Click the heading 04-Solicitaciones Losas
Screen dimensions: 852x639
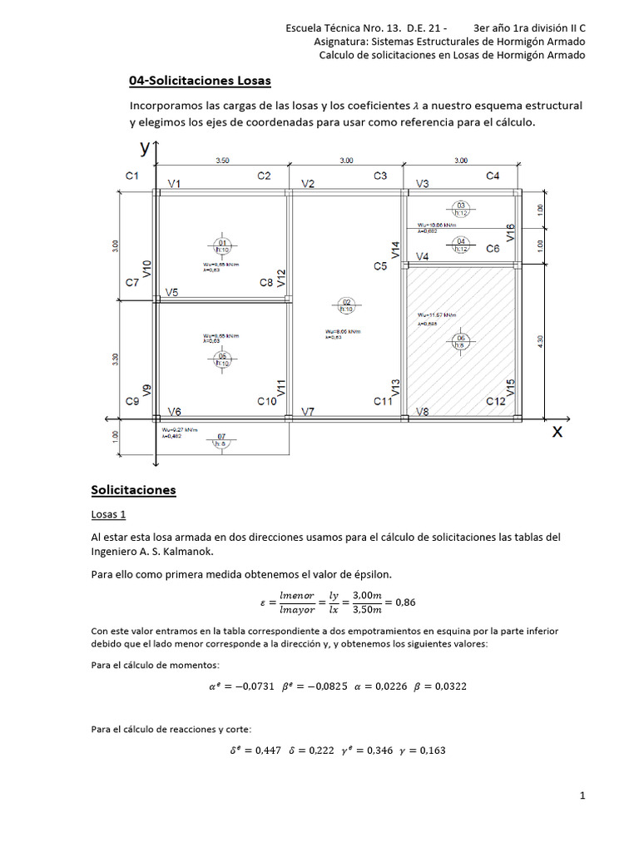point(200,81)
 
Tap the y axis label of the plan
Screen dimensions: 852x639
point(145,148)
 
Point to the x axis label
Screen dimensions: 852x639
point(557,431)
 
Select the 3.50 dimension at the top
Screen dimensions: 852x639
point(223,160)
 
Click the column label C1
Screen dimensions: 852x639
point(131,176)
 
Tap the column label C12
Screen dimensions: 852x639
point(496,401)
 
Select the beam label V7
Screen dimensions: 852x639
point(308,412)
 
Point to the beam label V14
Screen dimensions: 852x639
point(396,249)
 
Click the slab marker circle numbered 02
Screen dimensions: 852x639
point(348,305)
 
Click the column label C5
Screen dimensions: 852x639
point(380,266)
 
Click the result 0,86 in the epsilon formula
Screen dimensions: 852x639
point(411,601)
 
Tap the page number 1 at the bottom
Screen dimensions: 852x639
point(583,795)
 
